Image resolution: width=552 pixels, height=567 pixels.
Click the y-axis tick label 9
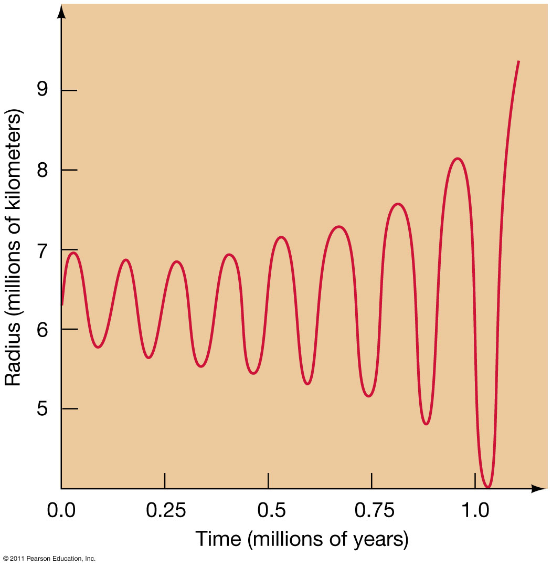(42, 90)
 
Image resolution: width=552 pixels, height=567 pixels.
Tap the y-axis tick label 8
(42, 170)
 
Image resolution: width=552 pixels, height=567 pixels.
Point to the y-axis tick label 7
(42, 250)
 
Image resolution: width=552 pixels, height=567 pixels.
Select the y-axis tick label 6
(42, 329)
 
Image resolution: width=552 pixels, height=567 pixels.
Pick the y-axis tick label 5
(42, 409)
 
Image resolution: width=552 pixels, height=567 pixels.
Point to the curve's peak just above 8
(458, 159)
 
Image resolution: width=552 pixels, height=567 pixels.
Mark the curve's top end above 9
(518, 61)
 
